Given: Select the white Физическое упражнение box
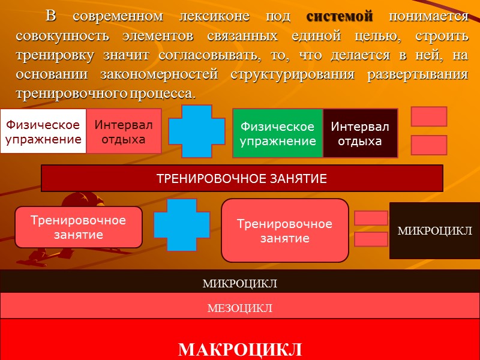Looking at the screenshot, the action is click(43, 131).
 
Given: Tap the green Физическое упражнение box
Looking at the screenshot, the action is click(277, 133).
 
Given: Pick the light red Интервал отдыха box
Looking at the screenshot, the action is click(124, 131).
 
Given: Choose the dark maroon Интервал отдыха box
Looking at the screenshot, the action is click(360, 133).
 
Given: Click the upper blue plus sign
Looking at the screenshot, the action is click(190, 130).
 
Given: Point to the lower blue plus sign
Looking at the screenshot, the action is click(181, 225).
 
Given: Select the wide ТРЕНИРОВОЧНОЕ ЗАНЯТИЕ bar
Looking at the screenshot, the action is click(241, 178).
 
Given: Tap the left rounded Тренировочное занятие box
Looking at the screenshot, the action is click(78, 227).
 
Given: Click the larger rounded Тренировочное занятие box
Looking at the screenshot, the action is click(284, 230).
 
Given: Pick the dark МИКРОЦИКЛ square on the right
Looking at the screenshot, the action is click(434, 230).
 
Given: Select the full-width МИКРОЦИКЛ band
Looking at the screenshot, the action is click(240, 283).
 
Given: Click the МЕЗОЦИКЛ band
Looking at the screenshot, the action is click(240, 308).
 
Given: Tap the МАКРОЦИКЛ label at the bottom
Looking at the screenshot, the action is click(240, 349).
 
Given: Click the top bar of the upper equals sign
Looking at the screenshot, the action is click(428, 116).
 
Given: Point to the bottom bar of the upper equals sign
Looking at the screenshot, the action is click(428, 145).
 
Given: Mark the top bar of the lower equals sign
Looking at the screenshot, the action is click(371, 218).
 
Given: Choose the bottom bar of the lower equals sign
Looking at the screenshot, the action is click(371, 239).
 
